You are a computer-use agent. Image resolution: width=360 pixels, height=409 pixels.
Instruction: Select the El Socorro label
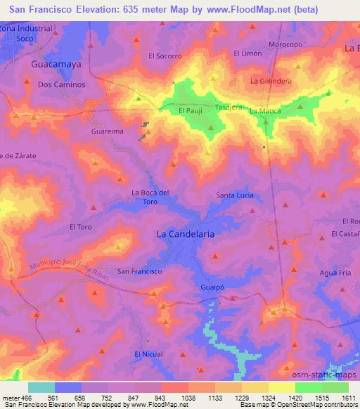[165, 56]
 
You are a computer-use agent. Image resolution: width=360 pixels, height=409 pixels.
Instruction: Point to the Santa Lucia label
[234, 195]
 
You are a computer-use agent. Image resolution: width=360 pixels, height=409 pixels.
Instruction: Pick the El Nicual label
[148, 353]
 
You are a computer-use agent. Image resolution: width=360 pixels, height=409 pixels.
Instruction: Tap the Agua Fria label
[334, 273]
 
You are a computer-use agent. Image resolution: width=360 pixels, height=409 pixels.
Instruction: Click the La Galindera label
[271, 81]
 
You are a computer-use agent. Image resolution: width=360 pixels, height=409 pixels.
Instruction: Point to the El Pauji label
[191, 111]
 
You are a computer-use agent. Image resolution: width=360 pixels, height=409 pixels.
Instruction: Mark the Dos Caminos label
[61, 84]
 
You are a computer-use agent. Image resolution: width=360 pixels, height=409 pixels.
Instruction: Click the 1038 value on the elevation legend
[188, 396]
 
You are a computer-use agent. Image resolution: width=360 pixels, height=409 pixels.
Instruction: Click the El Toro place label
[81, 226]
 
